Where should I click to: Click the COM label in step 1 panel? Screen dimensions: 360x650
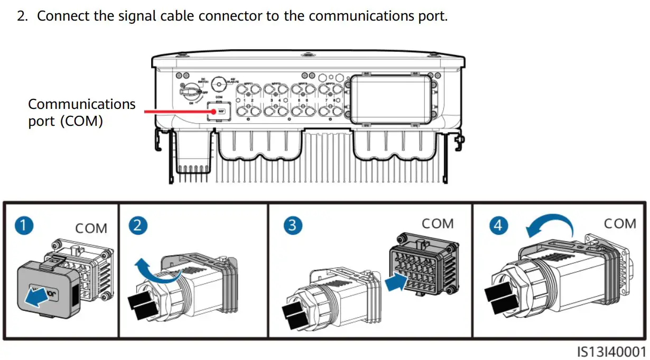pos(91,228)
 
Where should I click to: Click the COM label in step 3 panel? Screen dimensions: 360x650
pos(438,223)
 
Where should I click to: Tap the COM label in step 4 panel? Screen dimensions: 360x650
pos(620,223)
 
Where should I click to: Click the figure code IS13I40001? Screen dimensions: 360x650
pos(611,352)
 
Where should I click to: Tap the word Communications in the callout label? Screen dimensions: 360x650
pos(82,104)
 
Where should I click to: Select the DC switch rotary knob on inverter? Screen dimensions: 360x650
pos(188,92)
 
